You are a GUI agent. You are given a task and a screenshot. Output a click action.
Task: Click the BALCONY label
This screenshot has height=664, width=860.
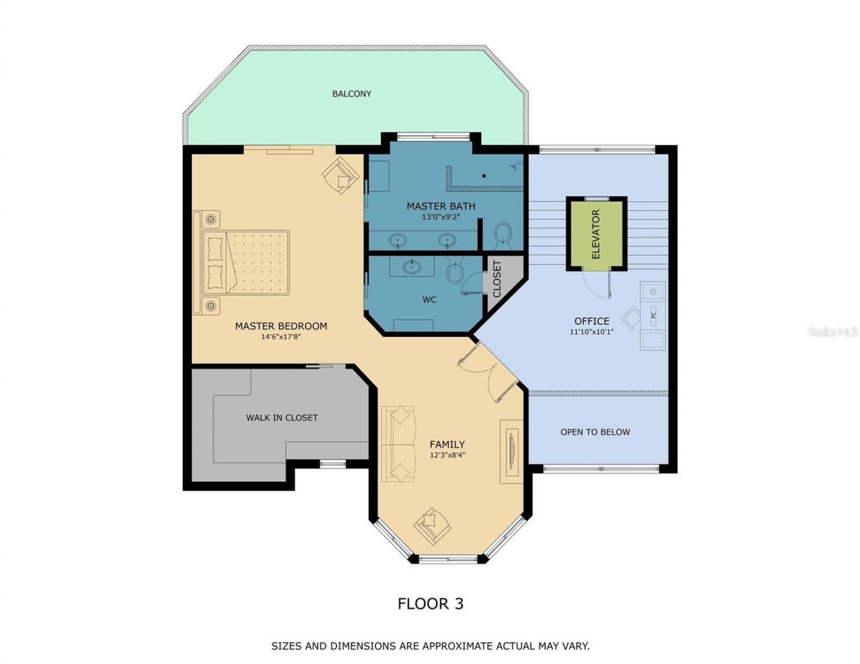click(351, 94)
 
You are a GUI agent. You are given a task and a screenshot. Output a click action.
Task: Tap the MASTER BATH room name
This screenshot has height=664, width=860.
click(441, 206)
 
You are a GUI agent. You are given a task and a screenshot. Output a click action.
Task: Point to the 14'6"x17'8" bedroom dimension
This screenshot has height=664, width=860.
click(281, 337)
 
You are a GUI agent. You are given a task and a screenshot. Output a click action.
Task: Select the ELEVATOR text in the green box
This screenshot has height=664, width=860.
click(595, 234)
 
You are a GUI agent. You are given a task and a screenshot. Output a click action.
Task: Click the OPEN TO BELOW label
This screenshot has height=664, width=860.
click(595, 432)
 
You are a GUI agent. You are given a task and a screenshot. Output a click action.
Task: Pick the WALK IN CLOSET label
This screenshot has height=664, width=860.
click(282, 418)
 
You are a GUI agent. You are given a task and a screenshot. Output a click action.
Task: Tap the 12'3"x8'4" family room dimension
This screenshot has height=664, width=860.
click(447, 455)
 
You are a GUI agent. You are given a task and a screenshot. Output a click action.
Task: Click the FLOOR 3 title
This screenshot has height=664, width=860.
click(430, 604)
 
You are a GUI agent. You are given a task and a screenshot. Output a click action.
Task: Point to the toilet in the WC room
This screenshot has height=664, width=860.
click(456, 271)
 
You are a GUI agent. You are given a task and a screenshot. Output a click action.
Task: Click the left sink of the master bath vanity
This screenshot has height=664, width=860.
click(399, 240)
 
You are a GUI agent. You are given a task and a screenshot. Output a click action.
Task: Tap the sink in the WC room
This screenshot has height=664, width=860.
click(412, 267)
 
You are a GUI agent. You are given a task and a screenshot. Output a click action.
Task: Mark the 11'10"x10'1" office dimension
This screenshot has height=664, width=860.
click(591, 331)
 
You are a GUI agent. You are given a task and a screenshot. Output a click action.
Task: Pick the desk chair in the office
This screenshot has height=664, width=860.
click(632, 318)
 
